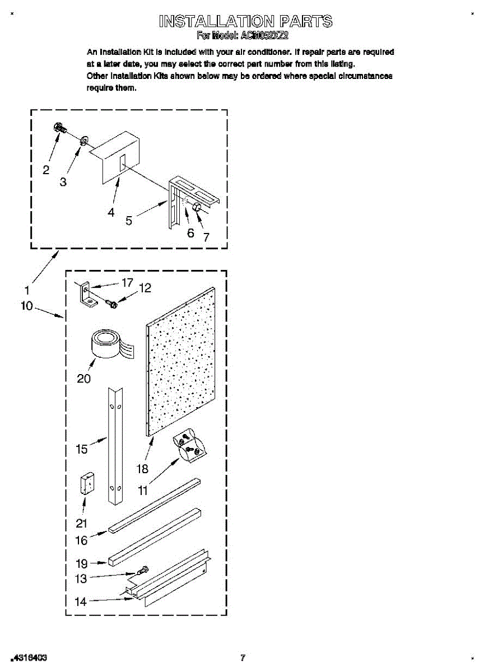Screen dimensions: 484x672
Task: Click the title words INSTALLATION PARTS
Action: [x=245, y=22]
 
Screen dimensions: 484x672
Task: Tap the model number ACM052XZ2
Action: [x=264, y=35]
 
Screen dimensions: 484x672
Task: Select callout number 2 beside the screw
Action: [x=46, y=169]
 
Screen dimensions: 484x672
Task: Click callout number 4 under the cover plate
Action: [x=111, y=212]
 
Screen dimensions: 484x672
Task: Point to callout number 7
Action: [x=206, y=237]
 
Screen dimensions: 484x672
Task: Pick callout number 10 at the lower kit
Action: [x=26, y=307]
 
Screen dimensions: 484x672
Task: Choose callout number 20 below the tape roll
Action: [x=83, y=379]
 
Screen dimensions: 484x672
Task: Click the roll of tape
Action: [x=107, y=343]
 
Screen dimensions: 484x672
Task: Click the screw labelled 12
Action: [x=111, y=303]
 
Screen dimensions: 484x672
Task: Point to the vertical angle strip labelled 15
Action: [x=115, y=445]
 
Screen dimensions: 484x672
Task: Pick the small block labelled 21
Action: [x=87, y=483]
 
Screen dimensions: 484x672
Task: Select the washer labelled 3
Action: [x=83, y=139]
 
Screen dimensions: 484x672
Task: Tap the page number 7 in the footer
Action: [x=242, y=657]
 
